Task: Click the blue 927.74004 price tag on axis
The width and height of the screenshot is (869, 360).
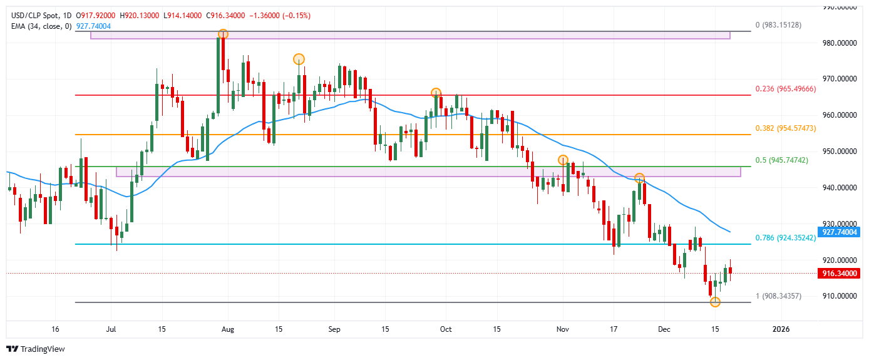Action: [839, 232]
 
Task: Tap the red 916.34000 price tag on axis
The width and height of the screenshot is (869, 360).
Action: [839, 274]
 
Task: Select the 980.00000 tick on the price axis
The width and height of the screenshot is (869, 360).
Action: [839, 43]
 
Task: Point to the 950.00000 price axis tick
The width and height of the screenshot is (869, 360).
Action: [839, 152]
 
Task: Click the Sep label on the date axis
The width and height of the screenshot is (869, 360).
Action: [334, 329]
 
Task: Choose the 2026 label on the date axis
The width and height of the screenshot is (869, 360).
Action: [780, 329]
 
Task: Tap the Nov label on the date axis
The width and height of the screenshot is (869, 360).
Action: [562, 329]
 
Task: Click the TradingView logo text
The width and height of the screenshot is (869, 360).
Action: [42, 349]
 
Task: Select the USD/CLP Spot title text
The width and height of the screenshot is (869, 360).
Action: [32, 15]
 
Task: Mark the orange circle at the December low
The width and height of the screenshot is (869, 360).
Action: [715, 302]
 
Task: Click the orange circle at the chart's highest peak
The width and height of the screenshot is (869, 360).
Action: [223, 34]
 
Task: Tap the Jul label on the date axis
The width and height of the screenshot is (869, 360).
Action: [111, 329]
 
